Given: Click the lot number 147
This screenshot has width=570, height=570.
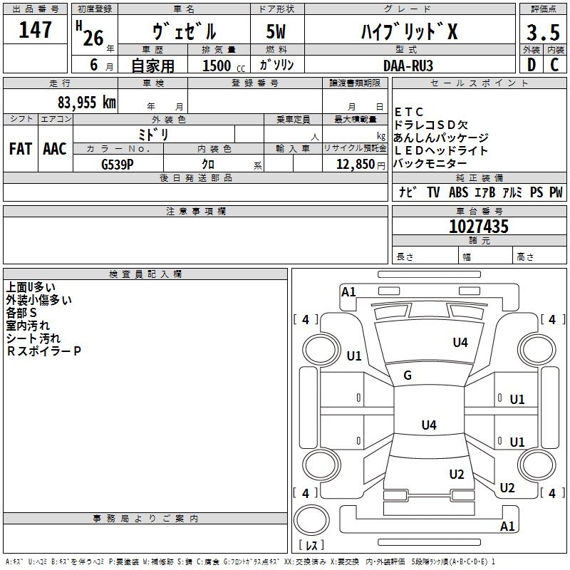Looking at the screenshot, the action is tap(35, 30).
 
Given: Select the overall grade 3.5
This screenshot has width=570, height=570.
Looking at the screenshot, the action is tap(543, 33).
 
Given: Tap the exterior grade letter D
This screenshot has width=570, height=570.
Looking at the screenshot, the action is tap(532, 65).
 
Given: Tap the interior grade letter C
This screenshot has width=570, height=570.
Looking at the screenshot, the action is tap(555, 65).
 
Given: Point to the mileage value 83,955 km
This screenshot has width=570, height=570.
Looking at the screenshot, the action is tap(87, 103).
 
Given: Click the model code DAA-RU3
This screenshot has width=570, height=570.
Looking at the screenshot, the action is tap(408, 66).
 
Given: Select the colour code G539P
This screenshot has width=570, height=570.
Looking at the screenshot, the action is tap(118, 165).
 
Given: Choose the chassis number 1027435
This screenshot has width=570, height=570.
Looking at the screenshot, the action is tap(479, 227).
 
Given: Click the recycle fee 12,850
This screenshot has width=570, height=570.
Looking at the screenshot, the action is tap(356, 165).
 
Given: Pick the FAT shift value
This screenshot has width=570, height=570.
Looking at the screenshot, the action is tap(21, 149).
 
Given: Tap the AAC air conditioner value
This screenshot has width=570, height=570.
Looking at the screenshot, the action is tap(55, 149).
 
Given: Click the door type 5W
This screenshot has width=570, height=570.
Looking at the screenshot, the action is tap(276, 31).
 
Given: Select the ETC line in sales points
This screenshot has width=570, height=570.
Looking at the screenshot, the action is tap(409, 112).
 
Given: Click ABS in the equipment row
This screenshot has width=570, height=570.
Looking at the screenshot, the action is tap(458, 192).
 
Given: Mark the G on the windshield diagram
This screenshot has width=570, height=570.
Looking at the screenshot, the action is tap(408, 375).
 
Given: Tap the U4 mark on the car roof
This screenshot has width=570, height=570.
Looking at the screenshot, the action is tap(429, 425).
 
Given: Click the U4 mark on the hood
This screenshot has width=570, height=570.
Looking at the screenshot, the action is tap(460, 342).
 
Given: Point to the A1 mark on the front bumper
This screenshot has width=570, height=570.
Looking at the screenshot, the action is tap(348, 292).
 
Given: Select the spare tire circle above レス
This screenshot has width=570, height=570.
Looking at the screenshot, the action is tap(311, 520).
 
